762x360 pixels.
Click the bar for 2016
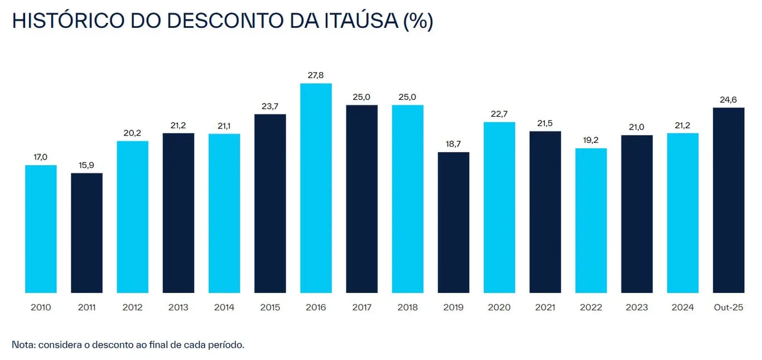(x=316, y=188)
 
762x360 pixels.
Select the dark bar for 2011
(x=86, y=233)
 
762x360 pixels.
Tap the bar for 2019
(x=454, y=222)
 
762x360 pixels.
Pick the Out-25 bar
(x=729, y=200)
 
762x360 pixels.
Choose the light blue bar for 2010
(x=41, y=229)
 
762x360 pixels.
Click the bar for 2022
(x=591, y=220)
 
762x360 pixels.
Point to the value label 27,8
(x=316, y=75)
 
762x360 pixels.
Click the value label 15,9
(x=86, y=165)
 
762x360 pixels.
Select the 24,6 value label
(x=729, y=99)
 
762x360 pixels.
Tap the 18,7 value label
(x=454, y=144)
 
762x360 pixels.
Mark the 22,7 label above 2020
(x=499, y=114)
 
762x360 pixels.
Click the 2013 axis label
(x=179, y=308)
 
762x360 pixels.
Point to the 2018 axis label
(x=408, y=308)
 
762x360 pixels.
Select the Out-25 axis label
(x=729, y=308)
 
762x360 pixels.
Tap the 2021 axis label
(x=545, y=308)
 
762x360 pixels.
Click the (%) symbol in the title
(x=417, y=21)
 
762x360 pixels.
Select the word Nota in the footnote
(x=22, y=344)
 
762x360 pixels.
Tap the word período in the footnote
(x=227, y=344)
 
